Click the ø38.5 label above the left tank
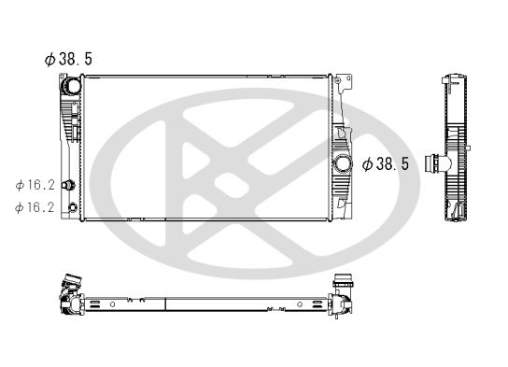pyautogui.click(x=68, y=58)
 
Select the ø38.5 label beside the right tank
pyautogui.click(x=385, y=163)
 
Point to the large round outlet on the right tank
pyautogui.click(x=344, y=164)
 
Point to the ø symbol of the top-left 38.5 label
pyautogui.click(x=49, y=58)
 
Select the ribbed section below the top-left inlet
pyautogui.click(x=67, y=120)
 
